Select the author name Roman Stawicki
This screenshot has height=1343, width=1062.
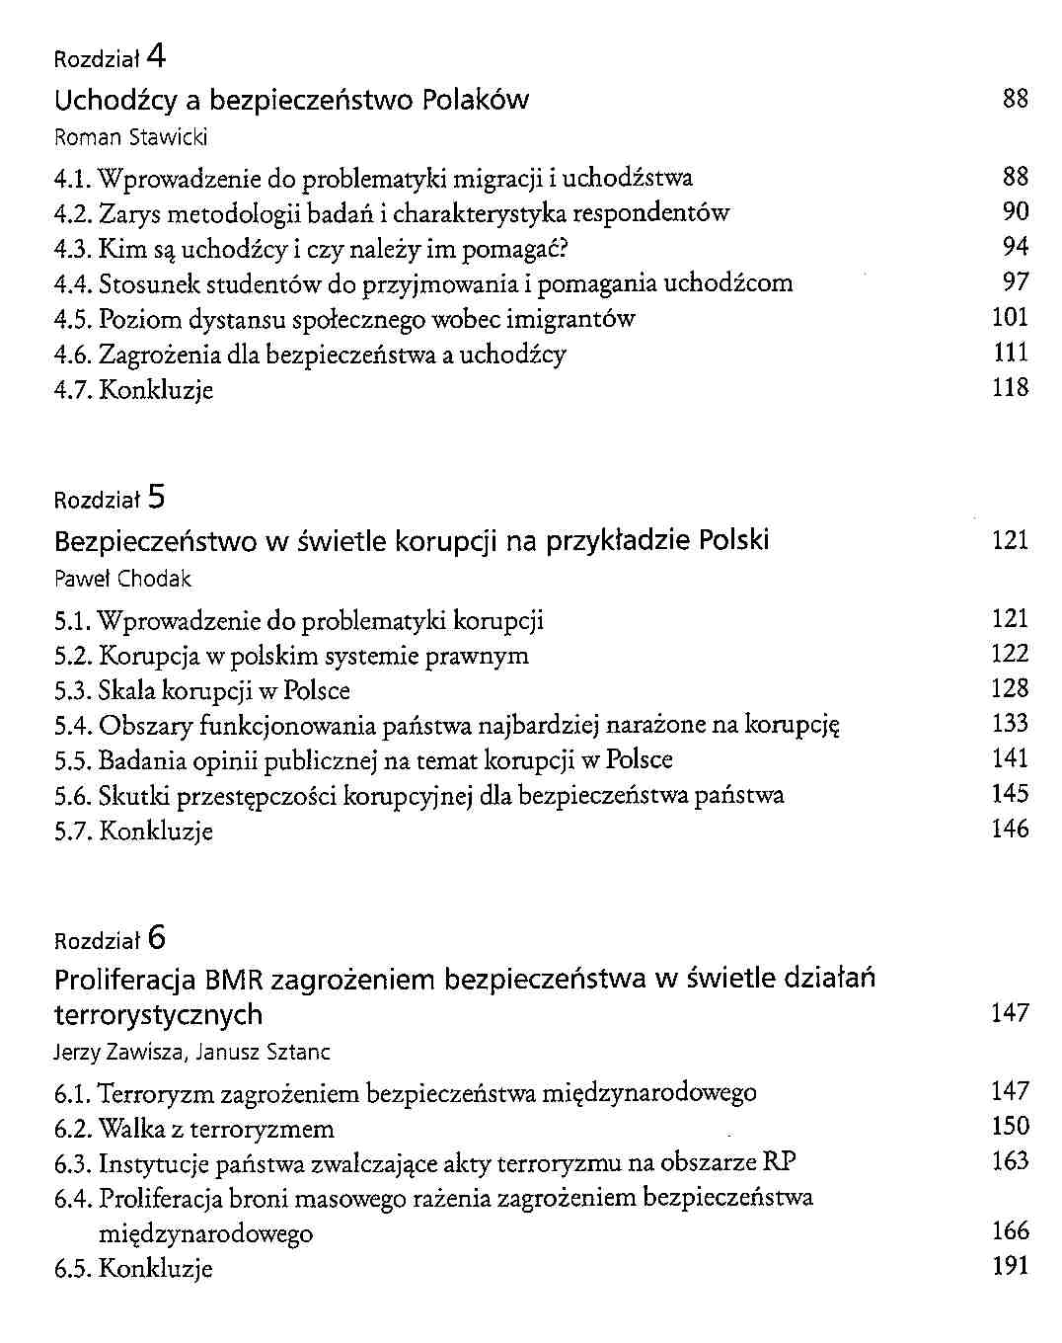(x=130, y=137)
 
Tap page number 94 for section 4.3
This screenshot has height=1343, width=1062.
(x=1015, y=246)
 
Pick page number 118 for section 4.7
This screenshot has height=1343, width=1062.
(x=1010, y=388)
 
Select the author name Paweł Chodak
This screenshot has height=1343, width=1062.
(x=122, y=579)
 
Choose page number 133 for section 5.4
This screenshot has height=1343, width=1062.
(x=1010, y=724)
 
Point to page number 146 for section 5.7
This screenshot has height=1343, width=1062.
(x=1010, y=829)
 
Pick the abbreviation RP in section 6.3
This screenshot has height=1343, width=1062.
(x=780, y=1162)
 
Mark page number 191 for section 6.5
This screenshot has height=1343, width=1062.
(x=1010, y=1266)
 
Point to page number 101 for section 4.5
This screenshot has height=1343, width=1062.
(x=1010, y=318)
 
